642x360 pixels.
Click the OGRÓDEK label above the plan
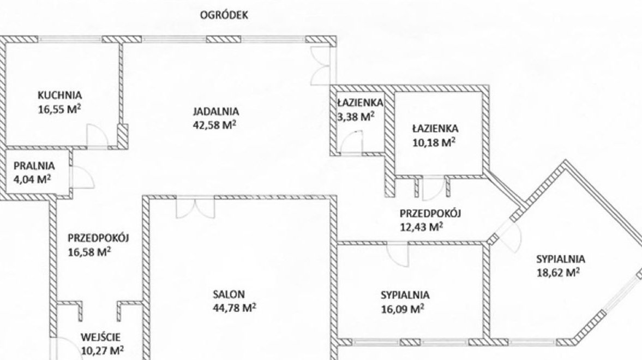pos(224,15)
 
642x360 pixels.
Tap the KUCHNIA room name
pos(60,95)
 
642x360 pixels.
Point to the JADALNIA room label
pos(216,111)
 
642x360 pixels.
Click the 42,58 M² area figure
pos(214,124)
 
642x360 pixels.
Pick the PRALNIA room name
pos(34,166)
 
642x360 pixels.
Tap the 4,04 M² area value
pos(32,179)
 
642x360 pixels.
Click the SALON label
pos(229,294)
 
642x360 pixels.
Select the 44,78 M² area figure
pos(235,308)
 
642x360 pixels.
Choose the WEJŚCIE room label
pos(101,338)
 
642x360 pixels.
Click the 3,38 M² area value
pos(356,117)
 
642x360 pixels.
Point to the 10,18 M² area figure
pos(434,142)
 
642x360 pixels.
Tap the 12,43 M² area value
pos(421,227)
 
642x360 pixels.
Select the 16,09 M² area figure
pos(403,308)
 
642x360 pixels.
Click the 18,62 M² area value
pos(558,272)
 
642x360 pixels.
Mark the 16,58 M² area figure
pos(89,252)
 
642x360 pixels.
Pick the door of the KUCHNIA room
pos(98,136)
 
